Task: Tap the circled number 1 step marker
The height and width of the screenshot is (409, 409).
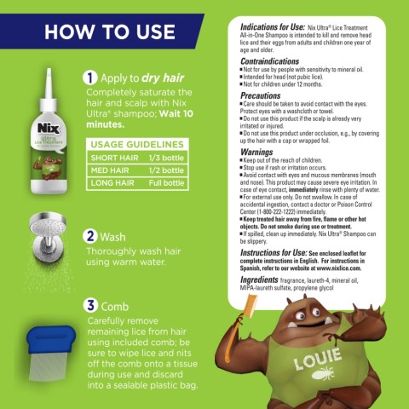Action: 88,78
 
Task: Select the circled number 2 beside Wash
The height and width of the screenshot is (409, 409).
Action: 88,236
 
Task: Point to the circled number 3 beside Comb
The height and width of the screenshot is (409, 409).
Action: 88,304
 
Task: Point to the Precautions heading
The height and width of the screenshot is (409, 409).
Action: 254,96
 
